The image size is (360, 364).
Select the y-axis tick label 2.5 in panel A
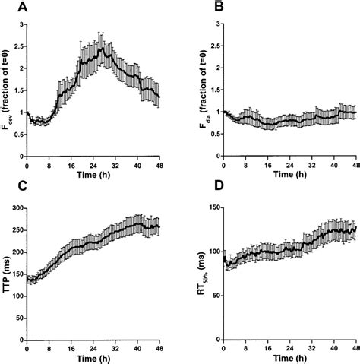[19, 46]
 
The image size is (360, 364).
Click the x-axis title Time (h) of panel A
[93, 175]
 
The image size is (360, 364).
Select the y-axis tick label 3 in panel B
[215, 24]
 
